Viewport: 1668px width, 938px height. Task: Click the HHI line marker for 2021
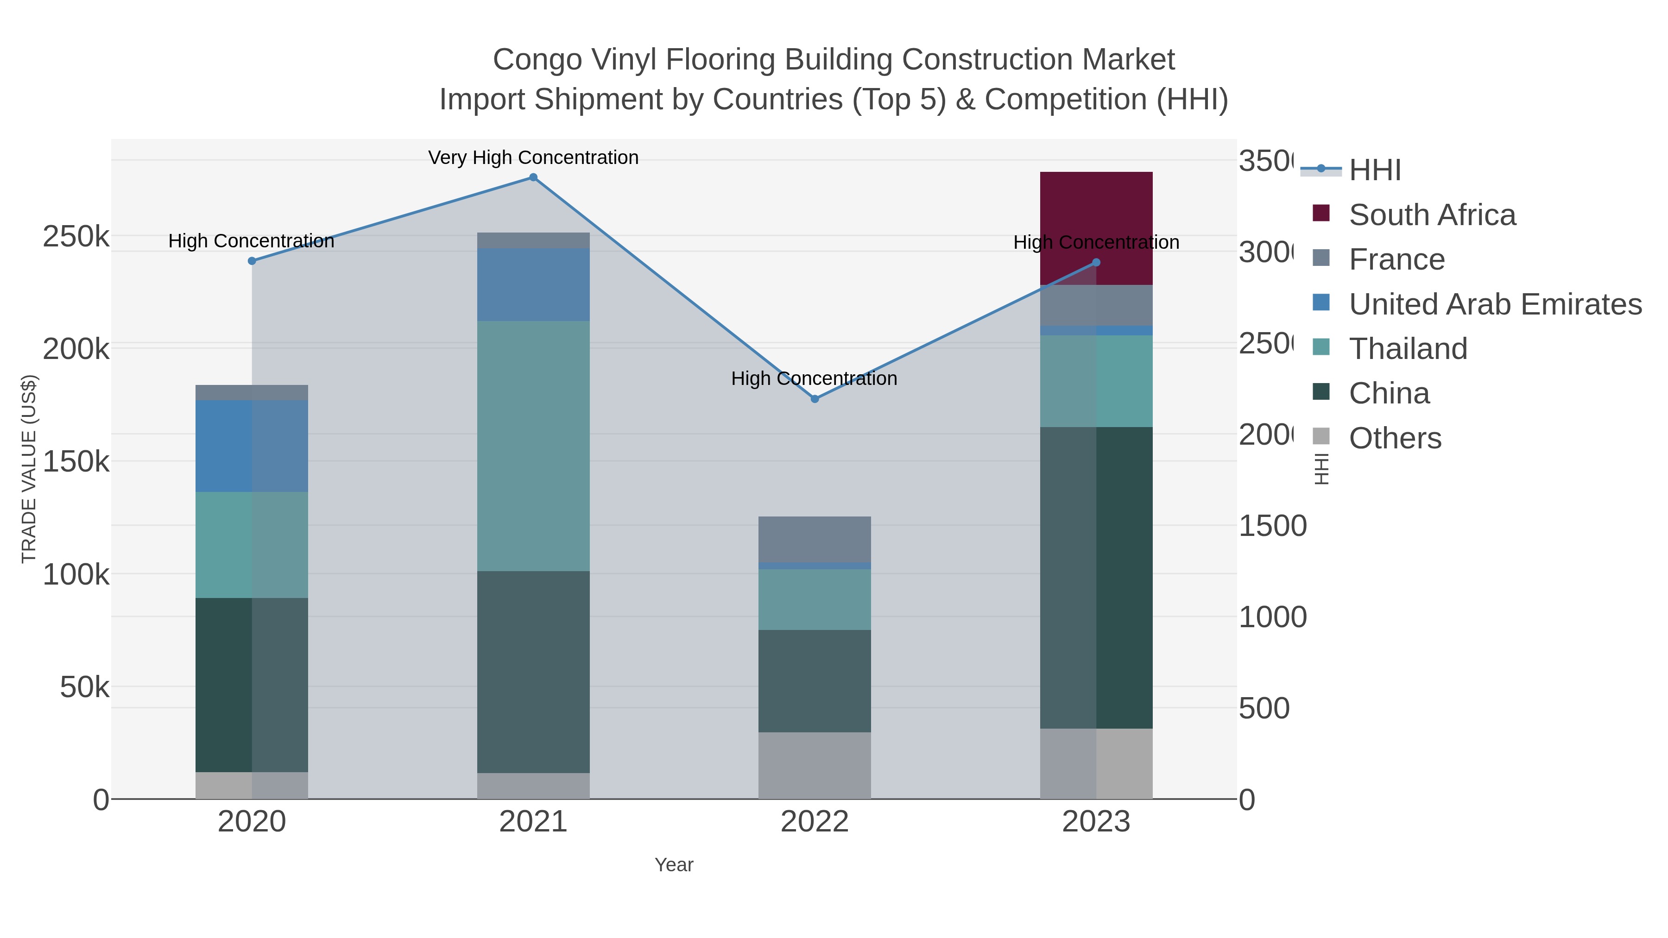[x=533, y=177]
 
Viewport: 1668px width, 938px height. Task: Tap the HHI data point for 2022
[x=815, y=399]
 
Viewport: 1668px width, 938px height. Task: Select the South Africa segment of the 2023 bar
[x=1096, y=228]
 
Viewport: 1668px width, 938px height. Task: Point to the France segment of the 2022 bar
[x=814, y=539]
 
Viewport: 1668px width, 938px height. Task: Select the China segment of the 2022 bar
[x=814, y=680]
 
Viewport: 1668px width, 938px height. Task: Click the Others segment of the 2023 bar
[x=1096, y=763]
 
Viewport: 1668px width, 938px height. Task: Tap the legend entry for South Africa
[x=1432, y=215]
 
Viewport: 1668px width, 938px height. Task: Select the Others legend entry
[x=1395, y=438]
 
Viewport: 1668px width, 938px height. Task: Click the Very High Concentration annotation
[x=533, y=158]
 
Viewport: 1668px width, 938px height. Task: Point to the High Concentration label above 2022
[x=814, y=379]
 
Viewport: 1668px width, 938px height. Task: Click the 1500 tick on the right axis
[x=1272, y=526]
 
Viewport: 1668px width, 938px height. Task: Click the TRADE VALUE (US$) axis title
[x=29, y=469]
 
